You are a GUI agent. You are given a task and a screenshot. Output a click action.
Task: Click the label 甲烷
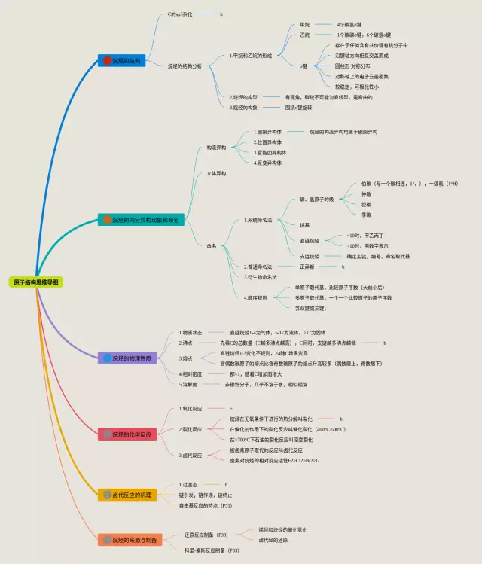tap(305, 25)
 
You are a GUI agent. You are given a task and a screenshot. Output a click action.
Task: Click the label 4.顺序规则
tap(255, 297)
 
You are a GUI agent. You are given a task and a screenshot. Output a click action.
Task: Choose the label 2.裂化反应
tap(191, 429)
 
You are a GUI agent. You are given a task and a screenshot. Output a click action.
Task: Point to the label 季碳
tap(366, 215)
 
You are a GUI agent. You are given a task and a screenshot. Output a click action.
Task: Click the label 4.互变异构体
tap(268, 162)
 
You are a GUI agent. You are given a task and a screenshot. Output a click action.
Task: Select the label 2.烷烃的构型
tap(243, 98)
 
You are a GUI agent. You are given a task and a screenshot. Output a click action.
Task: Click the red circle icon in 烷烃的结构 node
tap(107, 60)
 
